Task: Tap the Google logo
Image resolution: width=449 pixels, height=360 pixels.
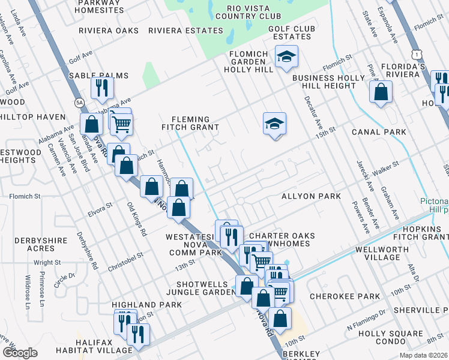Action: click(x=20, y=352)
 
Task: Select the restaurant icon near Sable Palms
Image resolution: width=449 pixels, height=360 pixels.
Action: click(x=103, y=88)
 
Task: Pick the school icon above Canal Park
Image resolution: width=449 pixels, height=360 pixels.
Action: click(x=274, y=124)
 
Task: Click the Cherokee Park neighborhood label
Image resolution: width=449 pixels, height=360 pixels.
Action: click(x=345, y=296)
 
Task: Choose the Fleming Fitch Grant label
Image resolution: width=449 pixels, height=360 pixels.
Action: click(x=191, y=123)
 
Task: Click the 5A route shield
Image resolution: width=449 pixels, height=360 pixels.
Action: click(x=79, y=103)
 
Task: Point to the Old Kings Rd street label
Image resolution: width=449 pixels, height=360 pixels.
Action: click(x=137, y=218)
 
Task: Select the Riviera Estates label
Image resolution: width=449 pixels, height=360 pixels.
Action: click(x=185, y=31)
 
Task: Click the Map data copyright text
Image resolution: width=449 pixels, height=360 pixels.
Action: click(x=423, y=355)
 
